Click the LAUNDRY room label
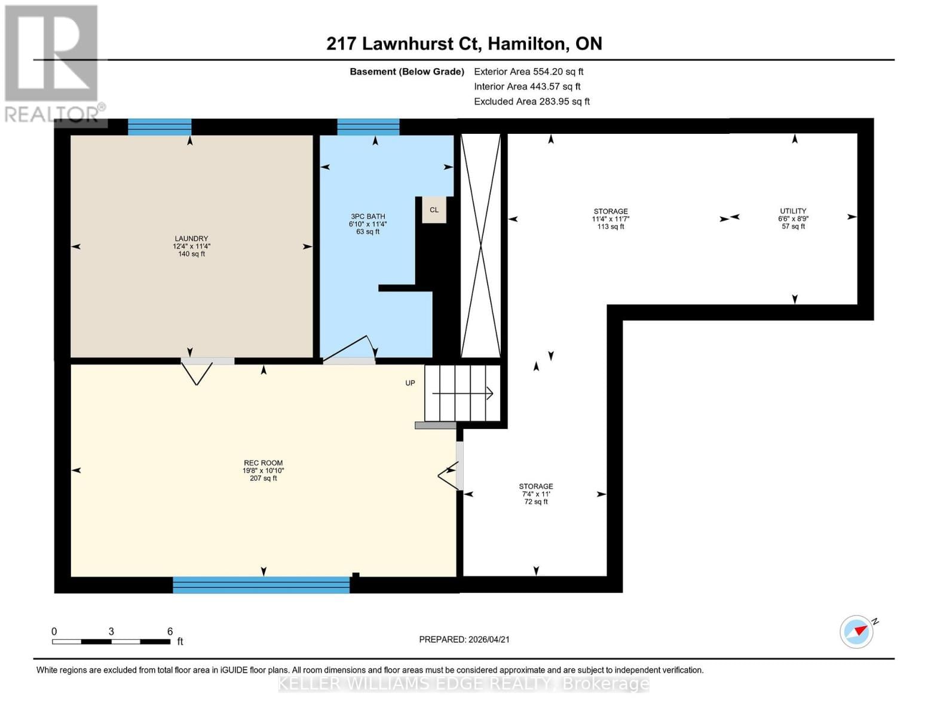[x=191, y=246]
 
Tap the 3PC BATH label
[x=367, y=223]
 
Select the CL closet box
[x=434, y=210]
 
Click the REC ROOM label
[x=263, y=470]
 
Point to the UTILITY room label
[x=793, y=218]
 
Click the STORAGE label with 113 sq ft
[x=610, y=219]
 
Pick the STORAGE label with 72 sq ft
[x=535, y=494]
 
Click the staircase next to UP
[x=463, y=393]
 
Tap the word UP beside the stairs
[x=410, y=383]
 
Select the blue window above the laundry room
[x=160, y=127]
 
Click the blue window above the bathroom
[x=368, y=127]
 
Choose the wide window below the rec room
[x=261, y=584]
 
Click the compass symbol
[x=857, y=632]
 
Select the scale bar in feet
[x=111, y=641]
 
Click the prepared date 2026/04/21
[x=464, y=639]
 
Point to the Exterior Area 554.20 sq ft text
[x=528, y=72]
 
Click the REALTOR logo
[x=52, y=63]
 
